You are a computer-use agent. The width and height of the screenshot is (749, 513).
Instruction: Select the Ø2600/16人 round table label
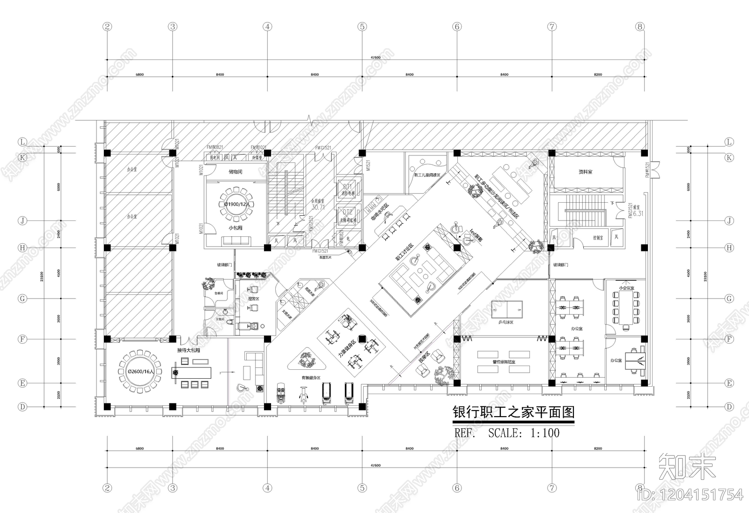140,371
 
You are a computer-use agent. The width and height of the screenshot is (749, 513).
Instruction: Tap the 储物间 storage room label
235,172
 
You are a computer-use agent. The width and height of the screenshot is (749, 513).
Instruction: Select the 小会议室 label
626,288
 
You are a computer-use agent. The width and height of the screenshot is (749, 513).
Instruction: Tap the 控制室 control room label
598,238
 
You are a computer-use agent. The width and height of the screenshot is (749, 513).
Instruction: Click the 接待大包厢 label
189,350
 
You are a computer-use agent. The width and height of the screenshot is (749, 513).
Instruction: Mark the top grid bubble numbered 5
362,27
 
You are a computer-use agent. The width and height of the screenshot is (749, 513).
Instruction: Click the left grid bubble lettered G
22,299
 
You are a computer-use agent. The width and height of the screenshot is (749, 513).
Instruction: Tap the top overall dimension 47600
375,57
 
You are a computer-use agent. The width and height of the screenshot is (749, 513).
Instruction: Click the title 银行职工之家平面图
513,412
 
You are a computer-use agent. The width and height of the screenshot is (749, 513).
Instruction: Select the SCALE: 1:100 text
523,433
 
